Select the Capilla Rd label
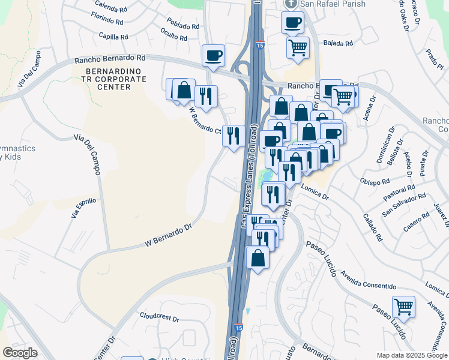coord(113,37)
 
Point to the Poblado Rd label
coord(183,26)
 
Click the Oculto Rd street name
coord(175,36)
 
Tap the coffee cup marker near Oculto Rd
coord(213,56)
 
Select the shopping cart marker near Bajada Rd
coord(298,47)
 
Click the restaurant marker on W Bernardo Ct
coord(234,134)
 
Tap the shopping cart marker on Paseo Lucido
coord(404,307)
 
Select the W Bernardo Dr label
coord(167,235)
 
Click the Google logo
coord(20,353)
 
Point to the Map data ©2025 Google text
coord(412,355)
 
